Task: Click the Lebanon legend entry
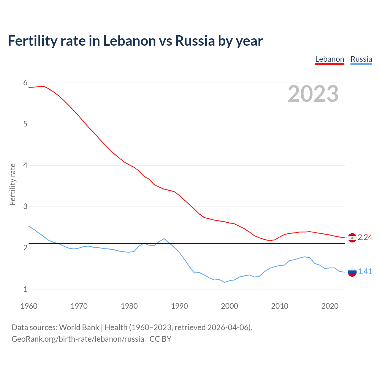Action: click(x=330, y=59)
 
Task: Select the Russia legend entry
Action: click(x=361, y=59)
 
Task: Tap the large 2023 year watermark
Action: click(x=313, y=94)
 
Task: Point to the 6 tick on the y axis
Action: click(x=25, y=83)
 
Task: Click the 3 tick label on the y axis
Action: click(x=25, y=206)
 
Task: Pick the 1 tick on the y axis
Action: click(x=25, y=289)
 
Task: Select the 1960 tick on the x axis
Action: click(x=29, y=306)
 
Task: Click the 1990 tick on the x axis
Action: click(x=179, y=306)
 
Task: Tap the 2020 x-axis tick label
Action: click(x=330, y=306)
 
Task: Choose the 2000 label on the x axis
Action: click(x=229, y=306)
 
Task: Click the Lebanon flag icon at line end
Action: click(x=352, y=238)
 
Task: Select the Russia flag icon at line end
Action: click(x=352, y=272)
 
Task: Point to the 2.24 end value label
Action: click(x=365, y=237)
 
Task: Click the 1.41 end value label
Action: click(x=365, y=271)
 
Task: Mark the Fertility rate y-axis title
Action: click(x=12, y=184)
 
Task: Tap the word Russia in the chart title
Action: click(x=195, y=41)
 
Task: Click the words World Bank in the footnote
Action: click(x=79, y=327)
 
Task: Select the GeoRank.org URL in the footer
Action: click(x=78, y=339)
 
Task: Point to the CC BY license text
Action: click(x=161, y=339)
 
